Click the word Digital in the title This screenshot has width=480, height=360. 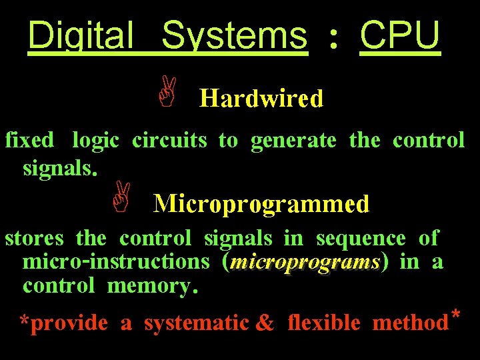pyautogui.click(x=81, y=35)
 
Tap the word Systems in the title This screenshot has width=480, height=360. pyautogui.click(x=235, y=35)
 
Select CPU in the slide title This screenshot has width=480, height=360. pyautogui.click(x=400, y=35)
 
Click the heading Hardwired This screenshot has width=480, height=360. pyautogui.click(x=261, y=99)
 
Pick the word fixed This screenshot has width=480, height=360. pyautogui.click(x=29, y=141)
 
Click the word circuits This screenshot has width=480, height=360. pyautogui.click(x=169, y=141)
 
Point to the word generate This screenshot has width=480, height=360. pyautogui.click(x=293, y=141)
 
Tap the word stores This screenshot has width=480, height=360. pyautogui.click(x=34, y=238)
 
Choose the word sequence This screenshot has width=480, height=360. pyautogui.click(x=361, y=238)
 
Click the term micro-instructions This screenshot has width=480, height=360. pyautogui.click(x=115, y=262)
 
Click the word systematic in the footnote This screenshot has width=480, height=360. pyautogui.click(x=197, y=323)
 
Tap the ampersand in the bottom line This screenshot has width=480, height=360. pyautogui.click(x=265, y=323)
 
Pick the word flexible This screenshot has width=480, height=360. pyautogui.click(x=324, y=323)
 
